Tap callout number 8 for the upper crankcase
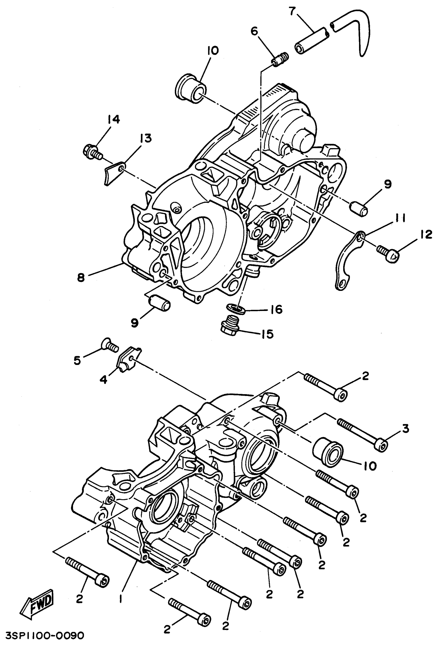coord(81,277)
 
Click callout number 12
coord(426,234)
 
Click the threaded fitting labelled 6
coord(280,59)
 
